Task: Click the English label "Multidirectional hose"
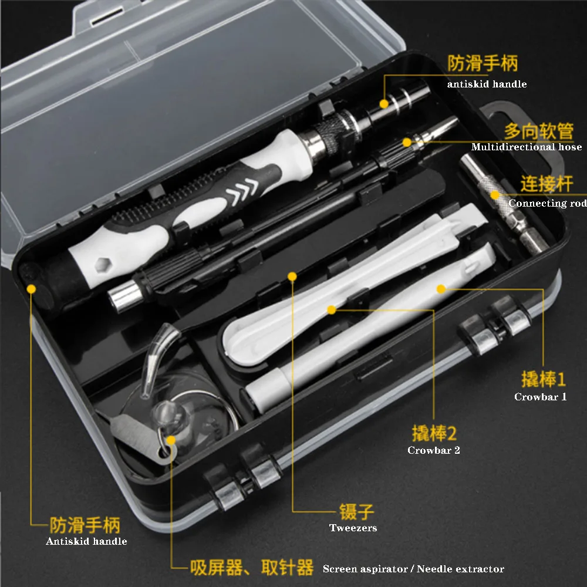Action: [527, 147]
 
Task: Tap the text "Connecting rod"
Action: [547, 203]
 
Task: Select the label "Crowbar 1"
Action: [540, 397]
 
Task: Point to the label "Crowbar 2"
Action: [434, 450]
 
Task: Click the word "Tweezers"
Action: [353, 528]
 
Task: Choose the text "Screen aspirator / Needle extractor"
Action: [413, 569]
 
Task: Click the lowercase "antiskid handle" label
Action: [487, 84]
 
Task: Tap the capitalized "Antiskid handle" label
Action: [86, 541]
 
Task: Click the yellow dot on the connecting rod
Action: [495, 195]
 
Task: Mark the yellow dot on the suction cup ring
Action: [171, 440]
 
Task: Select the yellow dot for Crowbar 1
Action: [441, 289]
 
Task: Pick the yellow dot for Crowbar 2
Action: [331, 309]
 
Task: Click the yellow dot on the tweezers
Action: [292, 276]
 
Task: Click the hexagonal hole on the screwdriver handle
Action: [101, 264]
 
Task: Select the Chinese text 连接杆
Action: [546, 184]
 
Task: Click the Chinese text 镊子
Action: [356, 511]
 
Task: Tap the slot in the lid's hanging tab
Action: [107, 17]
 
